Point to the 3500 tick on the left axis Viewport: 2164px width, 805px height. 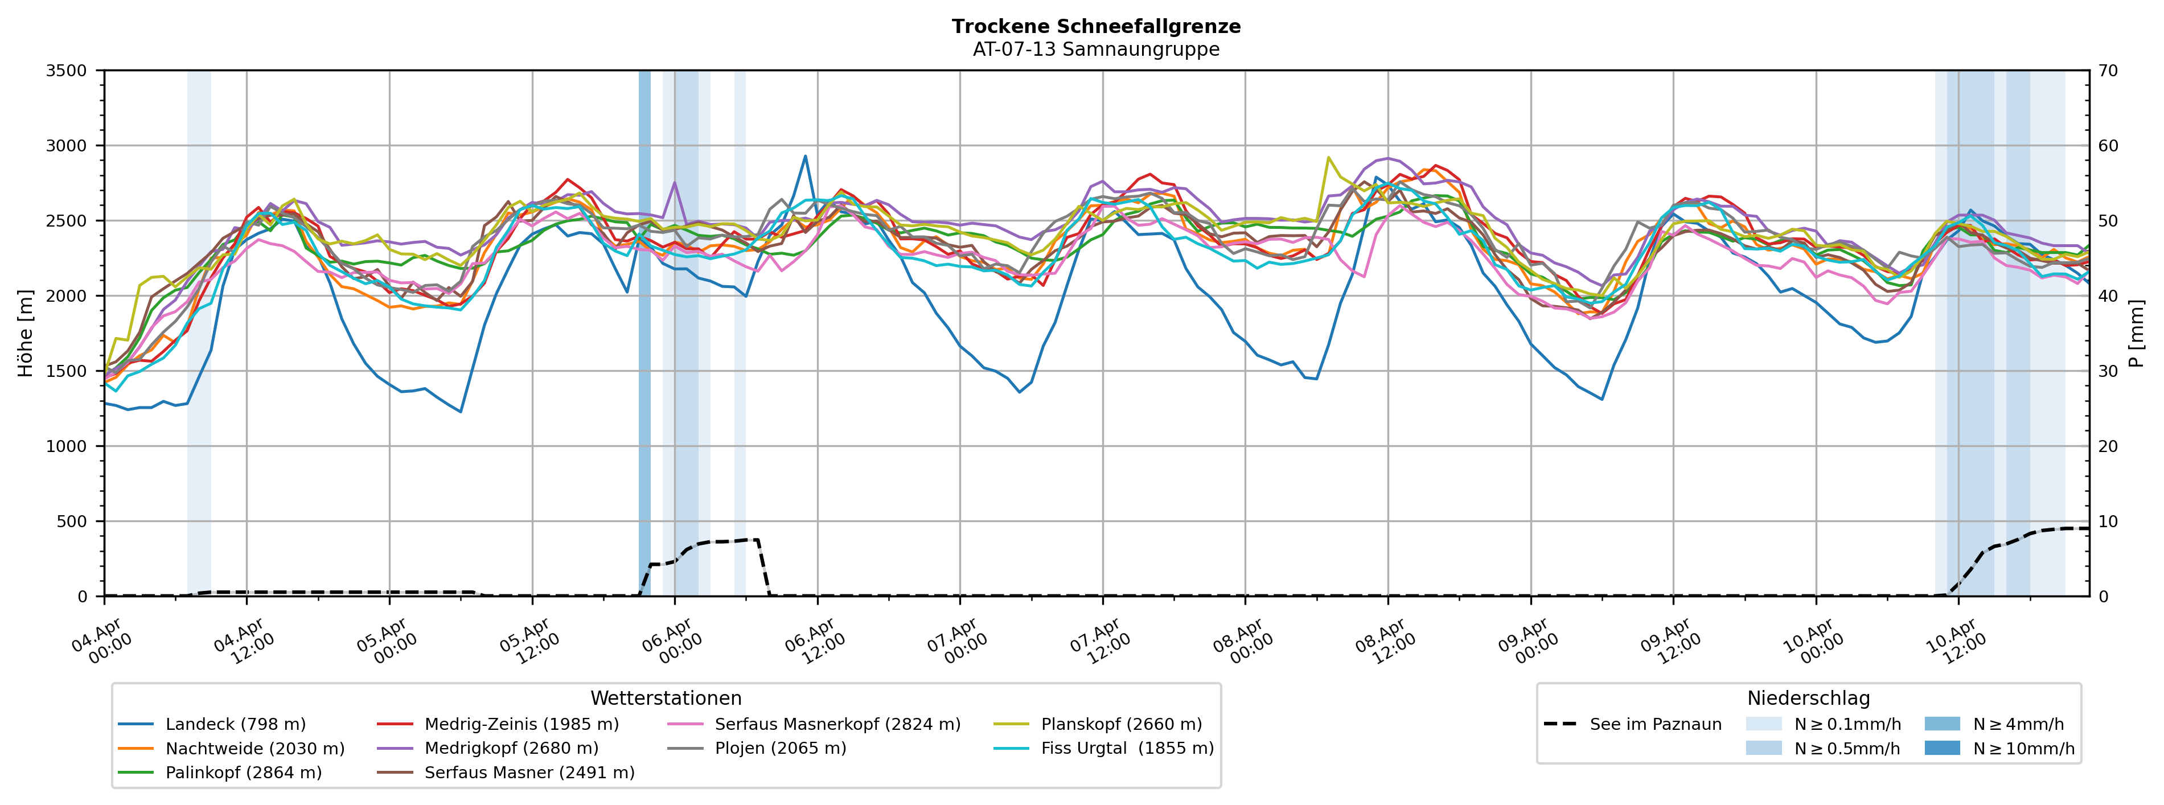pos(67,71)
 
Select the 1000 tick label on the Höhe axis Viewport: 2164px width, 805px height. pos(67,446)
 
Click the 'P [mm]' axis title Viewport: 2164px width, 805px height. pos(2137,334)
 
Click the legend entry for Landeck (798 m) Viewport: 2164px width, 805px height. pos(235,724)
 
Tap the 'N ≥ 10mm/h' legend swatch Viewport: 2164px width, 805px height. pos(1942,748)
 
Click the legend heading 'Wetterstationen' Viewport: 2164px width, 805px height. pos(666,699)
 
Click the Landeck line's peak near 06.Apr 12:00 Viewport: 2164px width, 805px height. pos(805,155)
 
